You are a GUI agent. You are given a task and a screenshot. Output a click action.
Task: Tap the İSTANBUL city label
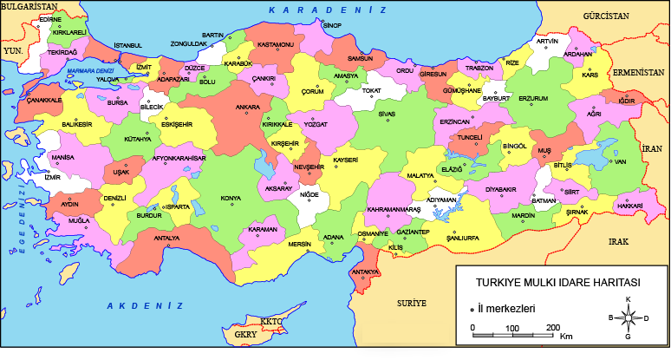(x=127, y=45)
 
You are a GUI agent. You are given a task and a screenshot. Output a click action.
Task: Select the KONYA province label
(x=231, y=199)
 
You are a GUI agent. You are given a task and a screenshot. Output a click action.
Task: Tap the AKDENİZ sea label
(x=145, y=306)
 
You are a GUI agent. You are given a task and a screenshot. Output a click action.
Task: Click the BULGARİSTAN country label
(x=26, y=7)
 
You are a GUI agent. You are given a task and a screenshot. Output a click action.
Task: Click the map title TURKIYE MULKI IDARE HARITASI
(x=557, y=283)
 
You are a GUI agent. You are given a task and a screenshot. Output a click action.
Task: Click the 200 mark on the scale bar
(x=552, y=327)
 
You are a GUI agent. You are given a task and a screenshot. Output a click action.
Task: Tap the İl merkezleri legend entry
(x=508, y=308)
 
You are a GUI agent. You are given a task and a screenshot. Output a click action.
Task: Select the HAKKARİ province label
(x=629, y=206)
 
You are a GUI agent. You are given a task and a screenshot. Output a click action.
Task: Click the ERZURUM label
(x=533, y=99)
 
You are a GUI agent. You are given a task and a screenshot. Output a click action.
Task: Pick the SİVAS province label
(x=388, y=113)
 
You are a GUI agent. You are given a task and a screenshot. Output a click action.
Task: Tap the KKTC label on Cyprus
(x=271, y=322)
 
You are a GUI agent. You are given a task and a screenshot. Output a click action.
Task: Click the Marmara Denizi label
(x=90, y=70)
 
